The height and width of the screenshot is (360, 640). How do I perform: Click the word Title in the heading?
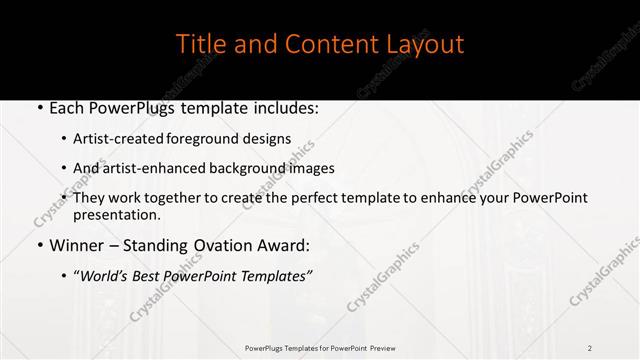pos(199,44)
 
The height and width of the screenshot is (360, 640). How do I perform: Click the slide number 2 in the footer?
pos(590,347)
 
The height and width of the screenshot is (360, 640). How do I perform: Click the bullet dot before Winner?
pos(38,244)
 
